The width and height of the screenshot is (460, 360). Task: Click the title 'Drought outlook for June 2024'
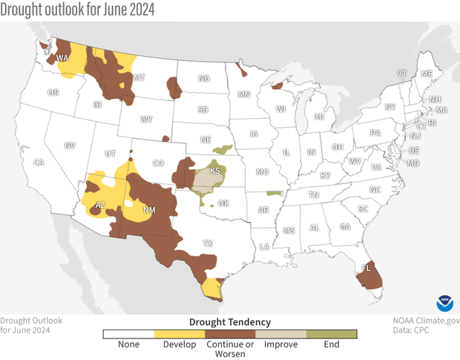tap(79, 10)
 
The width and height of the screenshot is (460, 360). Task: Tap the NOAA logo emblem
tap(445, 304)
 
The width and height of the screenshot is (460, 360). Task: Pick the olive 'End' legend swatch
tap(332, 335)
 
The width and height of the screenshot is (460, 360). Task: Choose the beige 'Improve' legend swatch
tap(280, 335)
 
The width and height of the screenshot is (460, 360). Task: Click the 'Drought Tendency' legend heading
tap(230, 322)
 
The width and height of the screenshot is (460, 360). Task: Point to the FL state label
tap(367, 267)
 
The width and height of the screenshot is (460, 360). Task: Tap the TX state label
tap(208, 243)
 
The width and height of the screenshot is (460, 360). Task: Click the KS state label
tap(215, 171)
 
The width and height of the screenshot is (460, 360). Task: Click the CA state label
tap(39, 162)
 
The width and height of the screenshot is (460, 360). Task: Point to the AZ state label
tap(101, 205)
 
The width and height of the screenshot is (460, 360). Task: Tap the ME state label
tap(426, 74)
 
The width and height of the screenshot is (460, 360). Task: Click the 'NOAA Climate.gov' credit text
tap(427, 321)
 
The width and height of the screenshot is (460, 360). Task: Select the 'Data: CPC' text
tap(438, 332)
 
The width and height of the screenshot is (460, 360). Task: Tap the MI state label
tap(319, 117)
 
